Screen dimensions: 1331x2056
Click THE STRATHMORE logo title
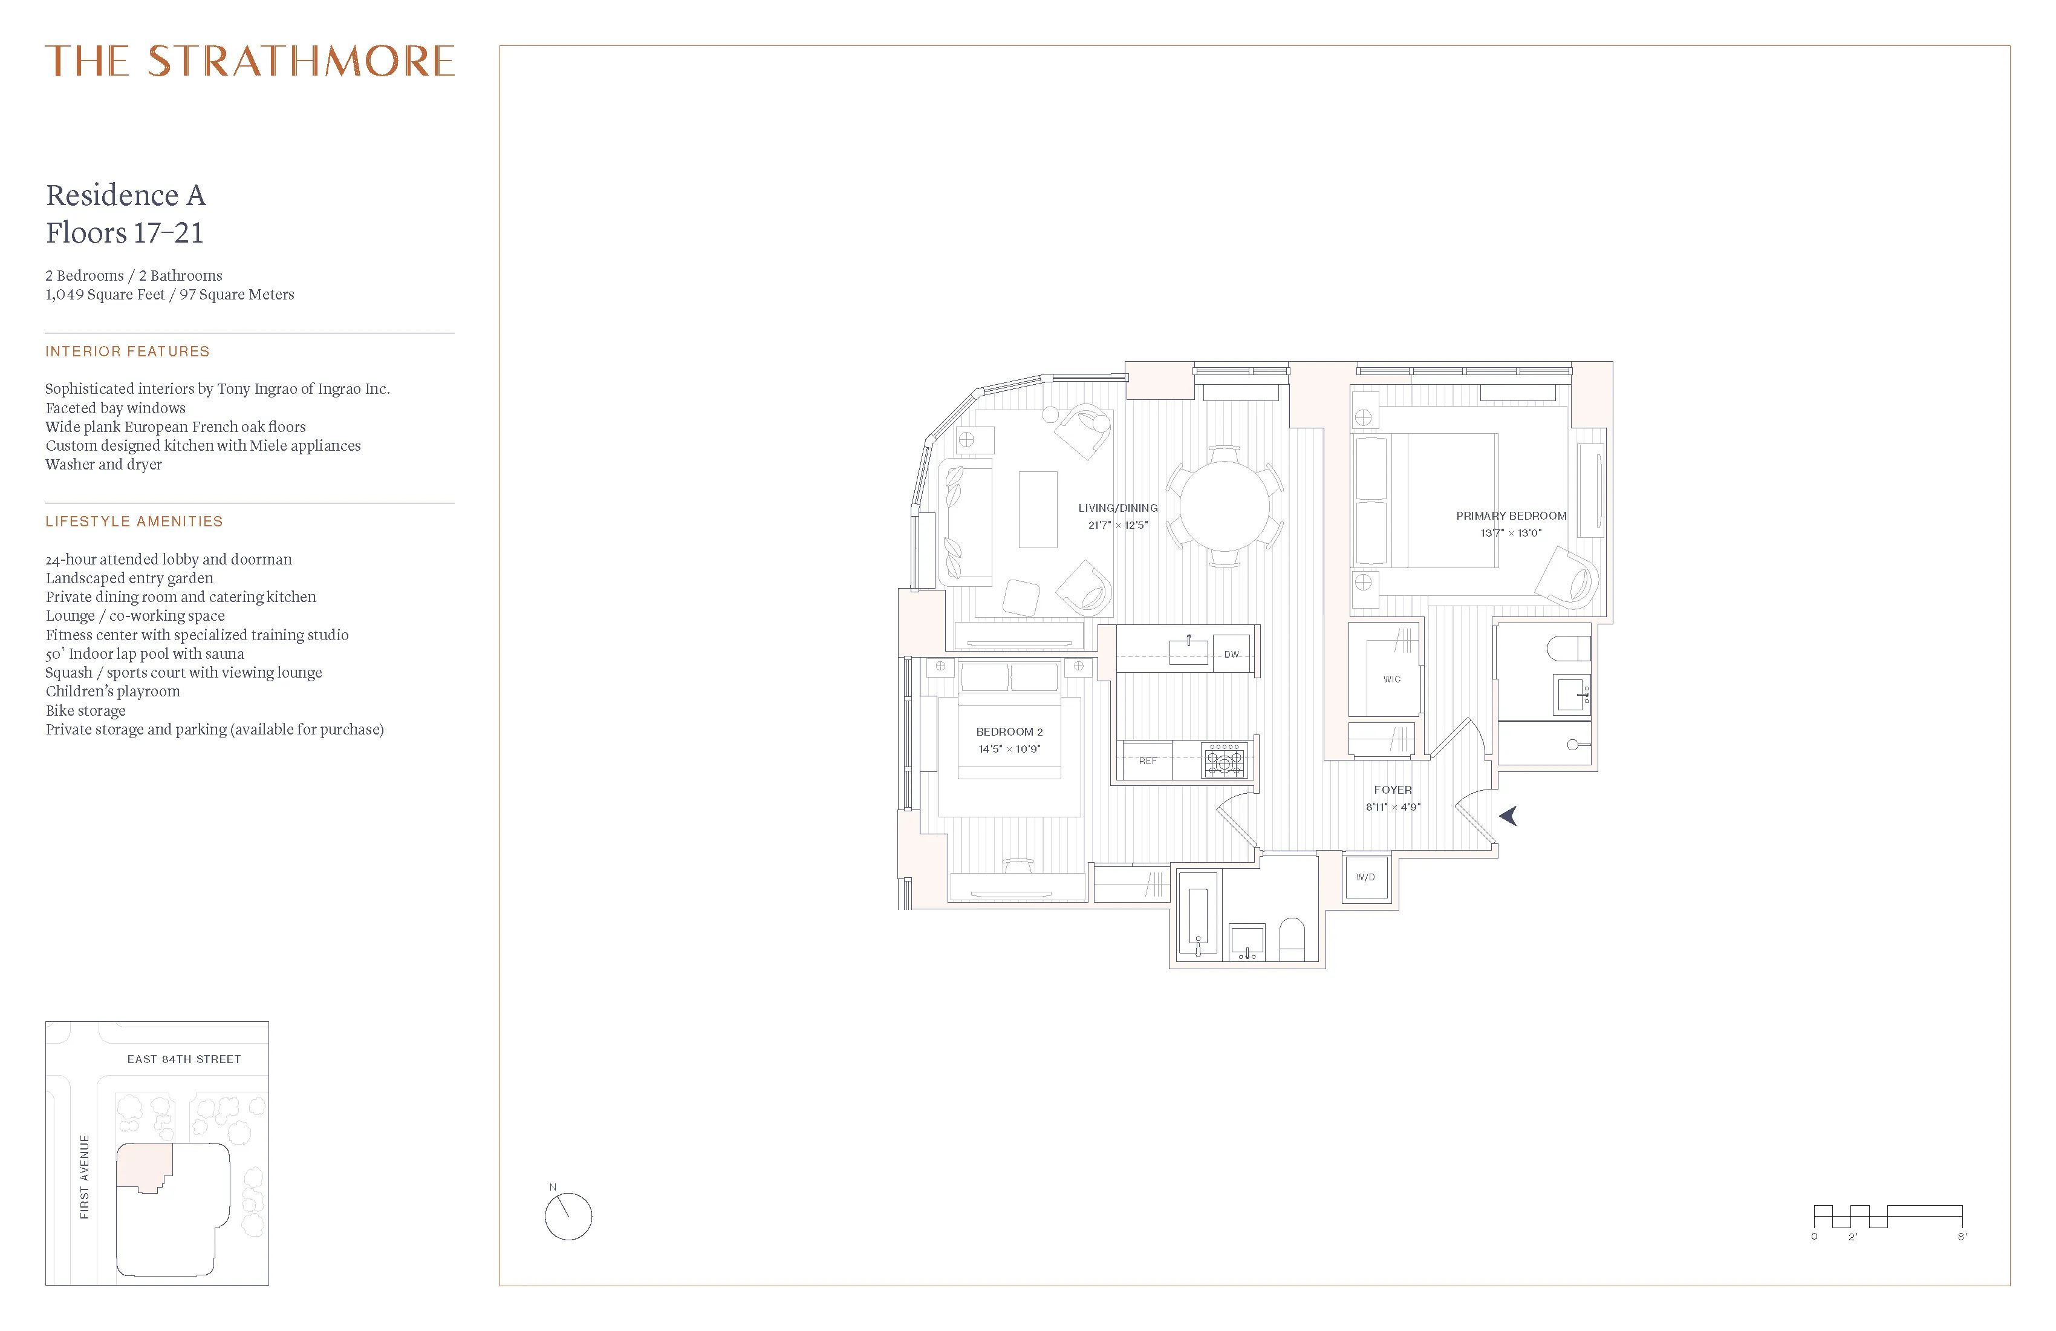tap(250, 61)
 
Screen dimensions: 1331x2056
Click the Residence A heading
tap(126, 195)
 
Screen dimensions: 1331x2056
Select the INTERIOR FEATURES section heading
tap(128, 352)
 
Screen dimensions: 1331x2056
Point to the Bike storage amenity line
tap(85, 710)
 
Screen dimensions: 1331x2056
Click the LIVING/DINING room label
tap(1118, 508)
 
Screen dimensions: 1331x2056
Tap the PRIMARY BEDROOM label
tap(1511, 516)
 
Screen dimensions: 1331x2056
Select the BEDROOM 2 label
tap(1009, 732)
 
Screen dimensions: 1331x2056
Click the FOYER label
tap(1393, 790)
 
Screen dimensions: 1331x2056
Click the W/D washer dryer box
tap(1365, 877)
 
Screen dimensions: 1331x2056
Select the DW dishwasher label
tap(1231, 654)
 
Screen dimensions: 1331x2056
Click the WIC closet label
tap(1391, 679)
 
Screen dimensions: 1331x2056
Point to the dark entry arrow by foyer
tap(1508, 815)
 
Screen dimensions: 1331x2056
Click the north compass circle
tap(568, 1217)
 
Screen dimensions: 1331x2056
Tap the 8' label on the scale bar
tap(1962, 1237)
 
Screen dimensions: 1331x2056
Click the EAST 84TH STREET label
tap(184, 1059)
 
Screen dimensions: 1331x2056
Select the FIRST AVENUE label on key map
tap(85, 1177)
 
